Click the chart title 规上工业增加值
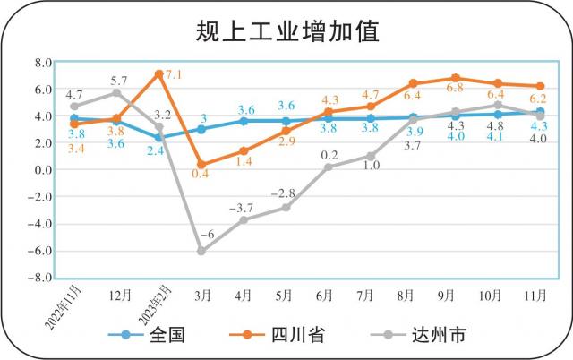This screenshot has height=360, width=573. [286, 31]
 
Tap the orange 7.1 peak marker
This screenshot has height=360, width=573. [159, 74]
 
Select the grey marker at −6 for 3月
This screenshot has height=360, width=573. [201, 251]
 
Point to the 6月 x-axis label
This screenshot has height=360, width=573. [326, 294]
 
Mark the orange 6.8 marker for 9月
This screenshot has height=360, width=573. [456, 78]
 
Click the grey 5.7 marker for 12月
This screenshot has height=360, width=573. [116, 92]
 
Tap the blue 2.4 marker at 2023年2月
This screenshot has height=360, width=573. [159, 137]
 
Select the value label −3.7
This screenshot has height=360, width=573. [241, 208]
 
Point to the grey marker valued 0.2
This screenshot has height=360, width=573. [328, 167]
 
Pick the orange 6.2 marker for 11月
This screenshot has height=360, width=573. [540, 86]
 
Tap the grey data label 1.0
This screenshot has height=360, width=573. [371, 167]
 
